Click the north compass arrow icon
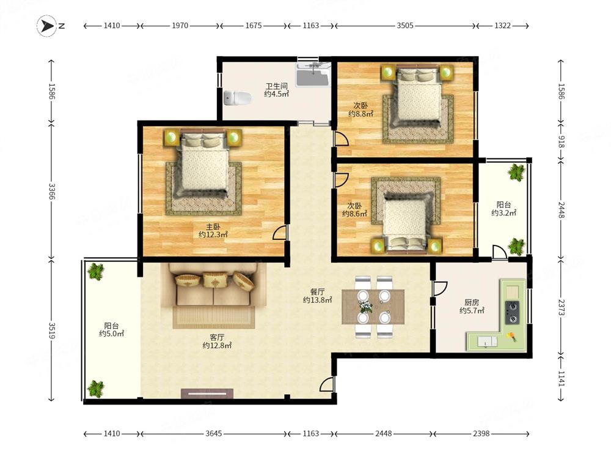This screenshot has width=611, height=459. coord(47,26)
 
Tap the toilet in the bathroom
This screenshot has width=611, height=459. coord(237,98)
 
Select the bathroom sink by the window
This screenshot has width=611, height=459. coord(313,75)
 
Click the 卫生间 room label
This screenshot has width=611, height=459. coord(277,86)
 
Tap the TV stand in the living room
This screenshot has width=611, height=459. coord(207,394)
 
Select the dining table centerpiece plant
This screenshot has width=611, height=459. coord(365,307)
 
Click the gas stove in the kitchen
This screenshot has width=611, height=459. coord(512,312)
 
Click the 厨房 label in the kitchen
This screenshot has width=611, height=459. coord(472,302)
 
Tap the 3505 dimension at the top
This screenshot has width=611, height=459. coord(405,26)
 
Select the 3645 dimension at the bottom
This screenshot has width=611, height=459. coord(213,433)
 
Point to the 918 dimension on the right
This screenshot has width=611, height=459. coord(561,141)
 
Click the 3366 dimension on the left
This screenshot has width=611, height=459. coord(51,191)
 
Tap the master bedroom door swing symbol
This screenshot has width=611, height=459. coord(279,233)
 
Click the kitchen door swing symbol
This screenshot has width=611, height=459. coord(439,288)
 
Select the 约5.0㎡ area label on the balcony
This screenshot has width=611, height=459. coord(111,334)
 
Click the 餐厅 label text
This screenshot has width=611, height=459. coord(317,291)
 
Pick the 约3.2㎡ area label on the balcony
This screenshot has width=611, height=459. coord(504,213)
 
